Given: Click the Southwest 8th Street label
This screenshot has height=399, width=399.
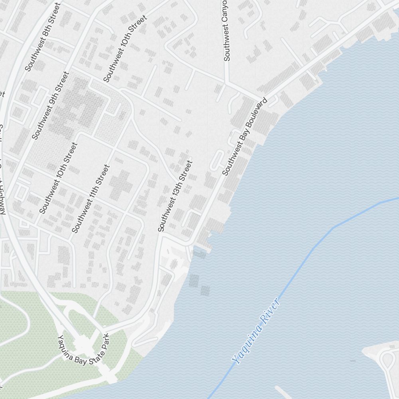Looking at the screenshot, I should click(x=42, y=37).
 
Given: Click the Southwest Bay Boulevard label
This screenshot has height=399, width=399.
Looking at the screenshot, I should click(x=244, y=136).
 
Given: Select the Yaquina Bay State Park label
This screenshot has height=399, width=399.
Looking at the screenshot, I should click(x=83, y=348).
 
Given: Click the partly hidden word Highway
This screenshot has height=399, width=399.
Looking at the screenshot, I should click(x=2, y=196).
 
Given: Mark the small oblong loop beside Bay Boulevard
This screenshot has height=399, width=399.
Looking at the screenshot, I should click(x=218, y=160).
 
